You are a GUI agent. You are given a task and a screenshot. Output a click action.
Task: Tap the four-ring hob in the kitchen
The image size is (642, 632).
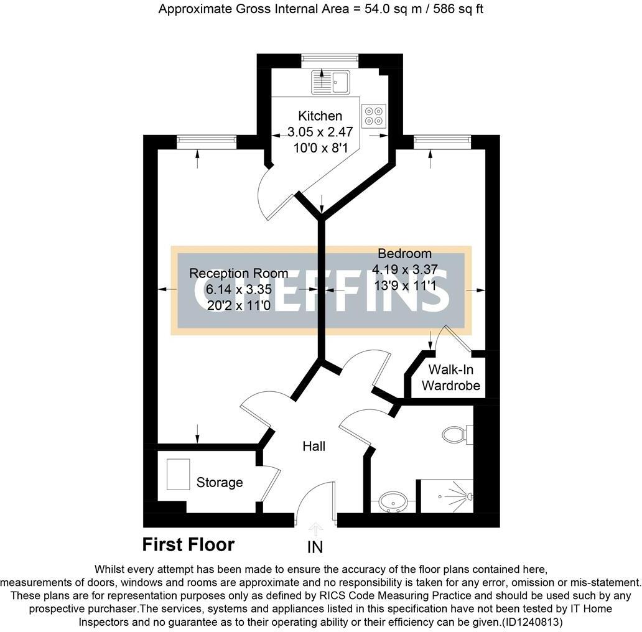click(374, 116)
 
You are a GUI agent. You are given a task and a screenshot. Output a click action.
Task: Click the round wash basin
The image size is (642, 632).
click(393, 500)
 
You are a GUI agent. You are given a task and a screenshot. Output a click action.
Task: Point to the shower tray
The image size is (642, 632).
click(446, 496)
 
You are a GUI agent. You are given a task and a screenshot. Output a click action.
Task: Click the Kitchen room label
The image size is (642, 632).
click(320, 116)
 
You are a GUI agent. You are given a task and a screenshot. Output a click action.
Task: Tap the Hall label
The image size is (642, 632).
click(314, 446)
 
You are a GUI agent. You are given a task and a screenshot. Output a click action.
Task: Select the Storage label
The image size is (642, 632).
click(219, 482)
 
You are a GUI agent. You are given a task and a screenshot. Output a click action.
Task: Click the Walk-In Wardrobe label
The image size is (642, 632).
click(450, 378)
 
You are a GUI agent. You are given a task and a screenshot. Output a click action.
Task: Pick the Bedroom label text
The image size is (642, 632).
click(404, 254)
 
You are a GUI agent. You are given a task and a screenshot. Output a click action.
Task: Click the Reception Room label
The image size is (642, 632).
click(238, 273)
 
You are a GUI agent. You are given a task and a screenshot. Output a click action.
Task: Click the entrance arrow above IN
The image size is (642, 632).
click(315, 529)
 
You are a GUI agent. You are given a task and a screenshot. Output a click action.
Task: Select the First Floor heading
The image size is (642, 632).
click(188, 545)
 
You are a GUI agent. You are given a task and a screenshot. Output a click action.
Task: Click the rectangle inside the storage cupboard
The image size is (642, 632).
click(178, 474)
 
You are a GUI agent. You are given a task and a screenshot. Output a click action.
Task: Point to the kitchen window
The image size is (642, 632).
click(330, 60)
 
